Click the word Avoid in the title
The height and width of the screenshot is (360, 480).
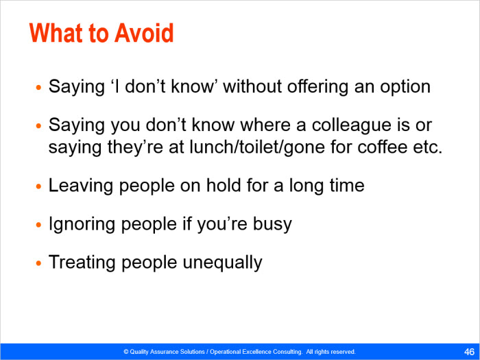(x=144, y=33)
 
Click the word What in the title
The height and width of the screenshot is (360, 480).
(x=56, y=33)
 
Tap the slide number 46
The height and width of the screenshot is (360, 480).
(x=469, y=351)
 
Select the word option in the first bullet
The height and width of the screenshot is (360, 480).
(x=405, y=87)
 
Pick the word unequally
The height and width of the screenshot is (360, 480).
(x=223, y=263)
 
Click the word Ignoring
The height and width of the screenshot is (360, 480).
(x=82, y=225)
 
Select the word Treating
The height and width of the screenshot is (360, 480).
(x=82, y=263)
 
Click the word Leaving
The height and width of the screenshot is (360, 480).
(x=80, y=186)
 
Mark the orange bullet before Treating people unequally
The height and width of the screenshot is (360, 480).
(x=38, y=263)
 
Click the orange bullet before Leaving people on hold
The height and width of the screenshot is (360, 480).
(x=38, y=187)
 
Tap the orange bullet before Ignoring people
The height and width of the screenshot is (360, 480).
(x=38, y=225)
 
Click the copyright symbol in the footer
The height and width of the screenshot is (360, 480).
(x=125, y=352)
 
